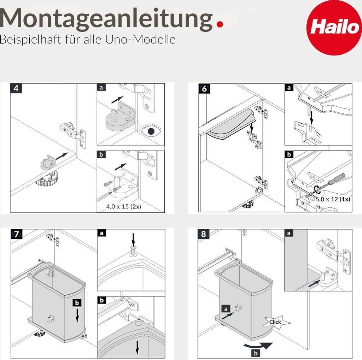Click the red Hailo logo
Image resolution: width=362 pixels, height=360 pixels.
click(334, 28)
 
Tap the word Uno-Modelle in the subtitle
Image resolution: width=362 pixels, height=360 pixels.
click(140, 40)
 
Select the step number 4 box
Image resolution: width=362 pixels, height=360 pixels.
click(16, 88)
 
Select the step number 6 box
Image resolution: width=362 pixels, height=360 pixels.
click(204, 89)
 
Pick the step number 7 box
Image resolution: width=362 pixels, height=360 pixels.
click(16, 234)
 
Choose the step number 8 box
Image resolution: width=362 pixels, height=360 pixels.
click(203, 234)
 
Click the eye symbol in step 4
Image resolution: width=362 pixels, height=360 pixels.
click(151, 131)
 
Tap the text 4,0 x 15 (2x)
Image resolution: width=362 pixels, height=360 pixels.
click(123, 206)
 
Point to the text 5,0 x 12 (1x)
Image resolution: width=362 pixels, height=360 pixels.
click(333, 199)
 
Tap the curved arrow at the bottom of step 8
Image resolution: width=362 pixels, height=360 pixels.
click(258, 346)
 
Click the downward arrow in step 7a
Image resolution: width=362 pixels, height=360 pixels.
click(133, 240)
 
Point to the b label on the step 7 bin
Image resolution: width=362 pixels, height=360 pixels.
click(77, 302)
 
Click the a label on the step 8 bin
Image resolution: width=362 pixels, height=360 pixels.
click(226, 309)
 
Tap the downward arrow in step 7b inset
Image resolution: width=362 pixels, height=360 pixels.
click(137, 348)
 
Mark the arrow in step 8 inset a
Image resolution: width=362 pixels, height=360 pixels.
click(314, 283)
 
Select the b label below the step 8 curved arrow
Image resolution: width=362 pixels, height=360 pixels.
click(256, 353)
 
